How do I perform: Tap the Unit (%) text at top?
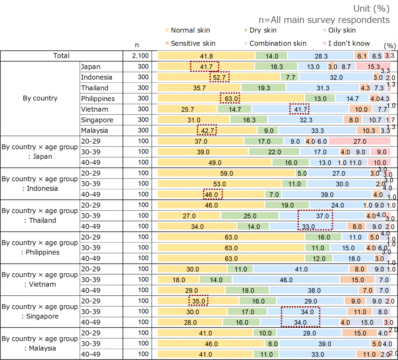pyautogui.click(x=371, y=9)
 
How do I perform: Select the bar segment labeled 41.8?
pyautogui.click(x=206, y=56)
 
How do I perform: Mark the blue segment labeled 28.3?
pyautogui.click(x=321, y=56)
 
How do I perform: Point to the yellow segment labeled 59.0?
pyautogui.click(x=226, y=173)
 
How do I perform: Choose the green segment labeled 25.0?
pyautogui.click(x=250, y=215)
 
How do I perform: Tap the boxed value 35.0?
pyautogui.click(x=198, y=301)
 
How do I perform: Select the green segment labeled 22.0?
pyautogui.click(x=274, y=152)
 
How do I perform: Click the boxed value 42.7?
pyautogui.click(x=207, y=131)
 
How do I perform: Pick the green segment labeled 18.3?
pyautogui.click(x=276, y=67)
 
